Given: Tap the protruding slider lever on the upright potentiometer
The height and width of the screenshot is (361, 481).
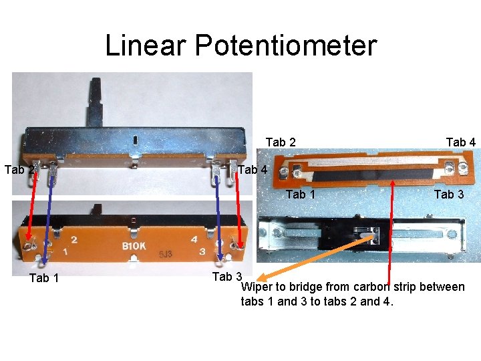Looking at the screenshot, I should (x=98, y=100).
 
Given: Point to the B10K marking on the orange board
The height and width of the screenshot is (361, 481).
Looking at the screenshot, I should (x=134, y=245).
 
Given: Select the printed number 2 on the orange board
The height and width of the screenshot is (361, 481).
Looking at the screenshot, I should (x=73, y=239).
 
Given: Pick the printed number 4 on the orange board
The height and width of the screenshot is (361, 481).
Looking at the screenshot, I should (x=193, y=239).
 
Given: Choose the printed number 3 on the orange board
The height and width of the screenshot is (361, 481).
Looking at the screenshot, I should (x=202, y=252).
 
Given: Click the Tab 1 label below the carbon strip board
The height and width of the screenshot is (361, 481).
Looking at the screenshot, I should (x=300, y=195).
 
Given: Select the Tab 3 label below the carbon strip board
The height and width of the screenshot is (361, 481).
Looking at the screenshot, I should (x=449, y=195).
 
